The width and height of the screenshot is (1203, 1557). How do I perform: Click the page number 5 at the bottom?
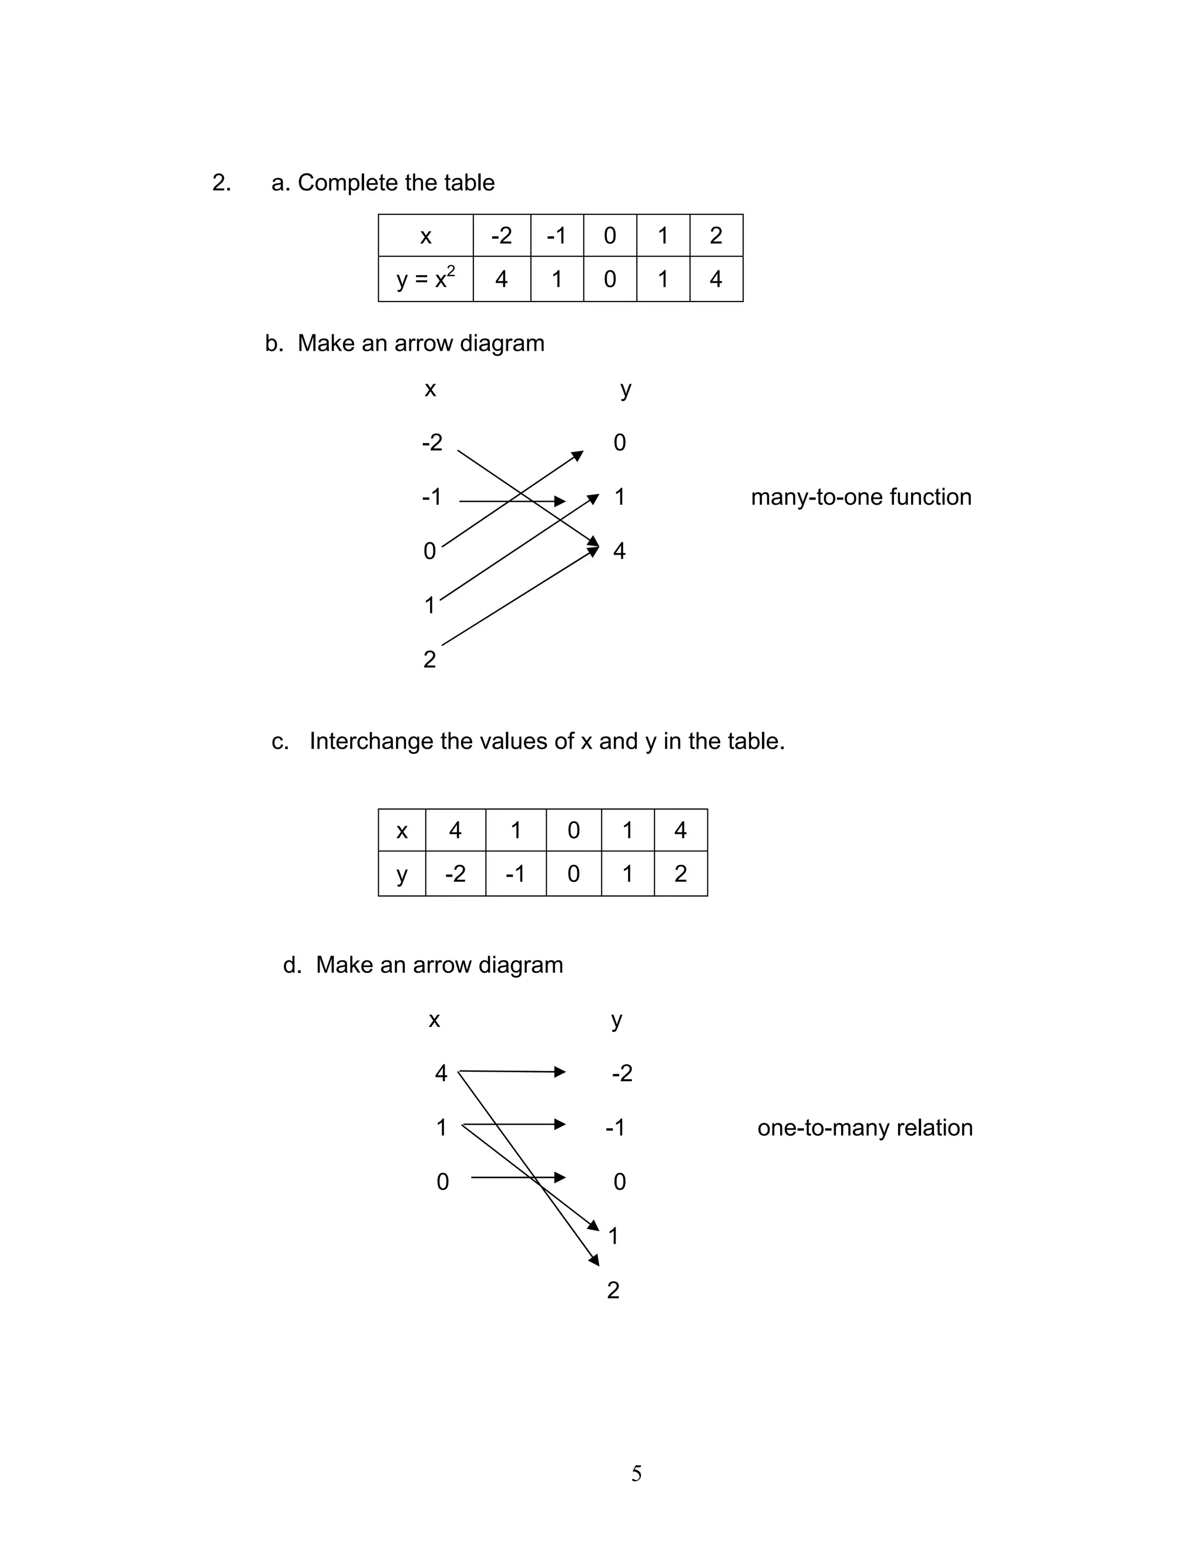pos(636,1473)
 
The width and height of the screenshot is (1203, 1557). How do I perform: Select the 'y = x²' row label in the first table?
pos(425,278)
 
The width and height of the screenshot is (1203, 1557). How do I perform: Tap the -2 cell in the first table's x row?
pos(502,235)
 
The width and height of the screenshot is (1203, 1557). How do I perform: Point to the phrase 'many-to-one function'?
pos(861,497)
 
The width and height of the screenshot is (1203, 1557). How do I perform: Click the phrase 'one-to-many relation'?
pos(865,1128)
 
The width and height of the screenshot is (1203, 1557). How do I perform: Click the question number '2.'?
pos(221,183)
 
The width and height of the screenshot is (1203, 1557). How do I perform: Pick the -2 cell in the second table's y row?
pos(455,873)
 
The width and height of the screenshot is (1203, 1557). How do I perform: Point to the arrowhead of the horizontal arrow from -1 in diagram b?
pos(560,501)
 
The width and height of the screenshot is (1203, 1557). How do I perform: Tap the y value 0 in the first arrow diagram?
pos(619,443)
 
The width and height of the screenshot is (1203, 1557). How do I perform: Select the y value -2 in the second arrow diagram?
pos(621,1073)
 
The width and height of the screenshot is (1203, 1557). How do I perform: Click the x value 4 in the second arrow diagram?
pos(441,1073)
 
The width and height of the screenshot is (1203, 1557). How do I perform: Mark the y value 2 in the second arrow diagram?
pos(613,1290)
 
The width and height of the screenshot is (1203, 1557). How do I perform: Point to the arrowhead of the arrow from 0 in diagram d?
pos(560,1177)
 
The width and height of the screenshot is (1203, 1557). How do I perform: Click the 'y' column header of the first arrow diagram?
pos(625,389)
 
